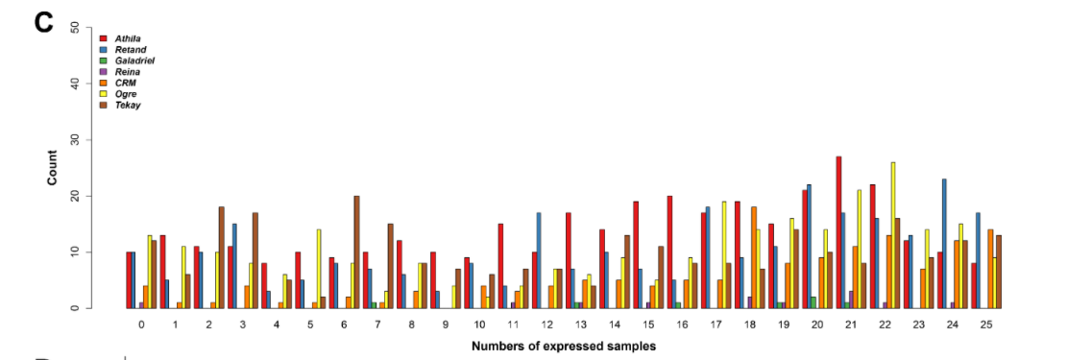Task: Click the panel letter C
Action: click(x=43, y=22)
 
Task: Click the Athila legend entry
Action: click(x=127, y=38)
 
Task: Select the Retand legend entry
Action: click(x=129, y=49)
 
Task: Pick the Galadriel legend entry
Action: click(x=133, y=60)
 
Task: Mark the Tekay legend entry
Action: click(x=127, y=106)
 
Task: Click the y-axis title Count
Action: click(x=53, y=168)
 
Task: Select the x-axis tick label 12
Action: click(x=546, y=325)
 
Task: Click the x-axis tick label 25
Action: click(x=985, y=325)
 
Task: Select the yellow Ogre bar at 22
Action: click(x=893, y=235)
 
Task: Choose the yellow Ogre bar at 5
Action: click(x=317, y=269)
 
